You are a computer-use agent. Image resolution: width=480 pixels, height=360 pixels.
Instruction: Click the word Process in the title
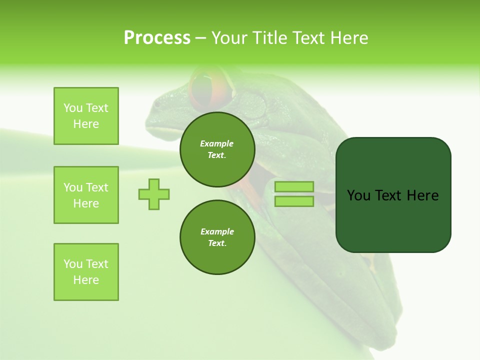(x=157, y=38)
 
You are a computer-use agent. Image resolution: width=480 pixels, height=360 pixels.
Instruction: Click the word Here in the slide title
(x=348, y=38)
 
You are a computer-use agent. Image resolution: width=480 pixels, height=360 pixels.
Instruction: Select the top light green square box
(x=86, y=116)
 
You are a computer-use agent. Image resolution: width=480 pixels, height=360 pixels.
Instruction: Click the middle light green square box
(x=86, y=195)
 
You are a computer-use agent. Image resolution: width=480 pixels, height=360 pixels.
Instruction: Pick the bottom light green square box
(x=86, y=272)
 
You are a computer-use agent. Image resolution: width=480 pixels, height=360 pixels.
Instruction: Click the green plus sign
(x=154, y=193)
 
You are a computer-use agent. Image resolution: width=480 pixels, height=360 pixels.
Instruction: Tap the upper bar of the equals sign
(x=294, y=186)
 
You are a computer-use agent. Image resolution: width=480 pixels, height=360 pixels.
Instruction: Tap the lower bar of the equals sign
(x=294, y=201)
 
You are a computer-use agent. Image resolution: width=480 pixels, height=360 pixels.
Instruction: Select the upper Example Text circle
(x=217, y=149)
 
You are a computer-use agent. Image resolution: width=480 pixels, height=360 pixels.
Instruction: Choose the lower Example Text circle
(x=217, y=237)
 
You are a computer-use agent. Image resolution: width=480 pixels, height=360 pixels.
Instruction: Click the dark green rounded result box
(x=393, y=194)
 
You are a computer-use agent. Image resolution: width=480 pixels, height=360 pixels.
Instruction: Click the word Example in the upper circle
(x=217, y=143)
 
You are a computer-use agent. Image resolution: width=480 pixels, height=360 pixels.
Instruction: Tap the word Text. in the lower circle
(x=217, y=243)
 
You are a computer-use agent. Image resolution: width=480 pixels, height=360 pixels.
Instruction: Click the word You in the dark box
(x=359, y=195)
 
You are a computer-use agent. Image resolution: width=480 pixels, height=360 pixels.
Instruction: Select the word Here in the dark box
(x=422, y=195)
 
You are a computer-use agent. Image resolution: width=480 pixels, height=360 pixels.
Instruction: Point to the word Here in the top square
(x=86, y=124)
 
